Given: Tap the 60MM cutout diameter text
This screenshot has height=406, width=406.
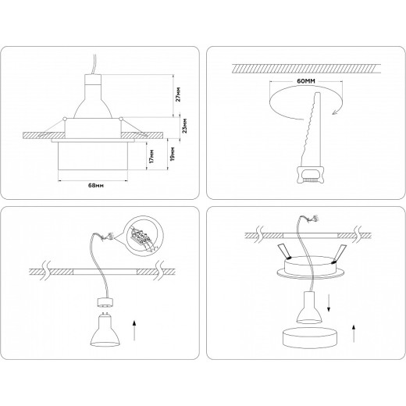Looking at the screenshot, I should [285, 79].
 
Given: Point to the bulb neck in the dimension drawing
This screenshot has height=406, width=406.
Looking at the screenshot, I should [94, 84].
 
